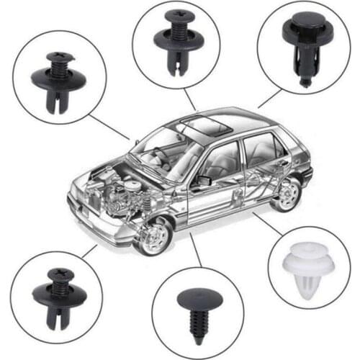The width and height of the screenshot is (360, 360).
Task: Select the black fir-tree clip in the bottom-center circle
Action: [196, 305]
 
